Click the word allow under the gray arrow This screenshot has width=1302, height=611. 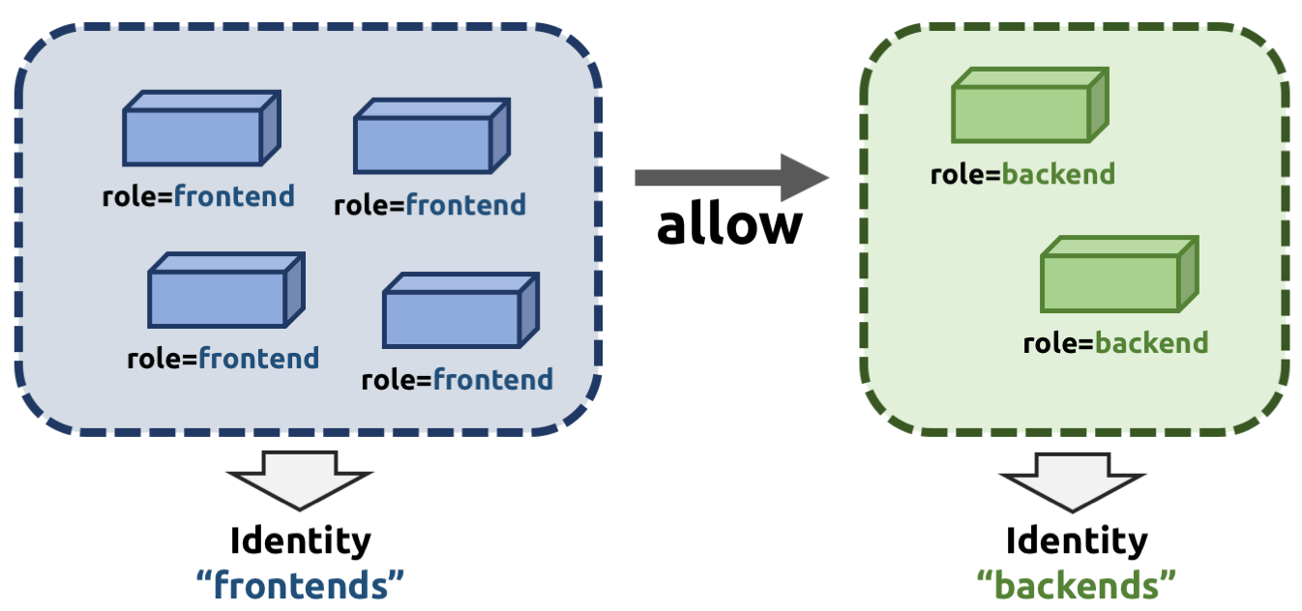(x=729, y=225)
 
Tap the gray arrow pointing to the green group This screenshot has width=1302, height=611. (x=731, y=177)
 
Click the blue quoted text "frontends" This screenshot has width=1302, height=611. (x=300, y=584)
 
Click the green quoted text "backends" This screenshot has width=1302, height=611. (x=1076, y=584)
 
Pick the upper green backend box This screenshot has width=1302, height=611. (x=1028, y=106)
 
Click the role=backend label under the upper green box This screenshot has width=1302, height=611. (x=1022, y=175)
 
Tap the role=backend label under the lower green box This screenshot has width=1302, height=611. (x=1115, y=343)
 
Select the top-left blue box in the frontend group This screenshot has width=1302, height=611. (x=200, y=130)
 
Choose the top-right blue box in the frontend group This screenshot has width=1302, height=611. (x=430, y=137)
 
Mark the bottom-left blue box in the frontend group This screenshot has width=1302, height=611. (x=225, y=291)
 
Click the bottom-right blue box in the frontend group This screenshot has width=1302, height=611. (x=459, y=311)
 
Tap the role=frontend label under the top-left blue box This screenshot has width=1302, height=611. (x=198, y=197)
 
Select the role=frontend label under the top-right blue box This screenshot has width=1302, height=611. (x=429, y=205)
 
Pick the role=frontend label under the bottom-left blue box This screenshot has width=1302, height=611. (x=222, y=359)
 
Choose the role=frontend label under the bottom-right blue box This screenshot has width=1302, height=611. (x=457, y=379)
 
